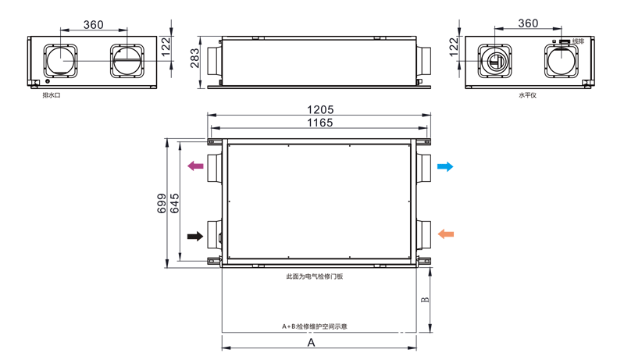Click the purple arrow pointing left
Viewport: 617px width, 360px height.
196,166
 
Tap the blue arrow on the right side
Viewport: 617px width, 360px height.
444,166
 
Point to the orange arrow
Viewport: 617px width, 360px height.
445,233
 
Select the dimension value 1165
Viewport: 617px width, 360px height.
320,123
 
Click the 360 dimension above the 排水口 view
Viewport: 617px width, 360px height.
93,24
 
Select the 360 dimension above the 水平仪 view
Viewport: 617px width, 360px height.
528,23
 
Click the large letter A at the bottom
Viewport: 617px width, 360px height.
310,342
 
